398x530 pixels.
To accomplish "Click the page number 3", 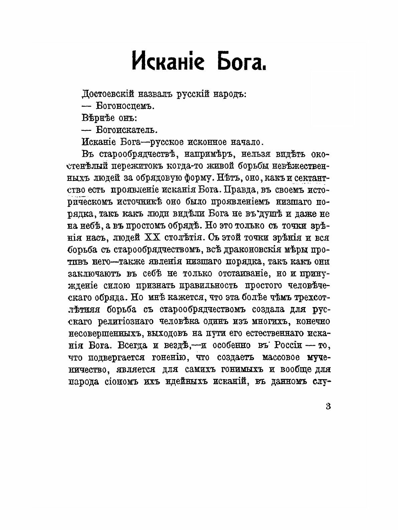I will tap(328, 407).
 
